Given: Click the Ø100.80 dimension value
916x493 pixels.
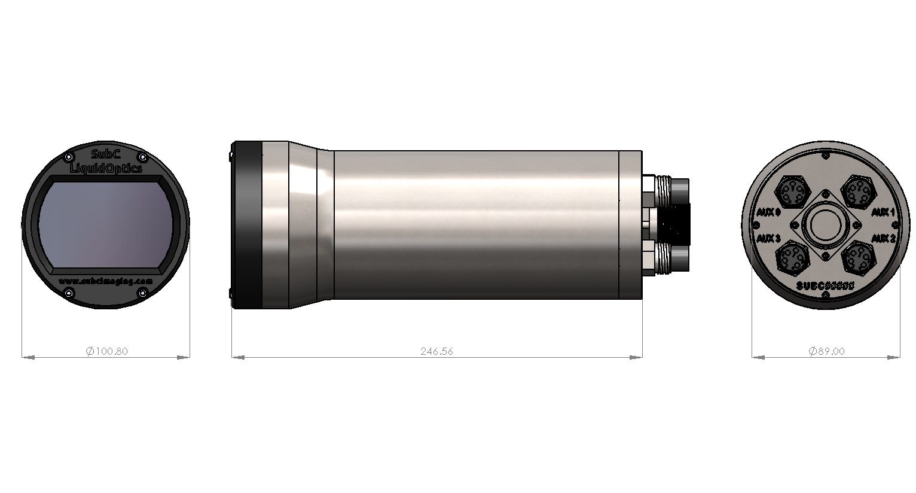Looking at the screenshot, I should [107, 351].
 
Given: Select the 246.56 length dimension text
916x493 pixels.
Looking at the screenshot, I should [436, 351].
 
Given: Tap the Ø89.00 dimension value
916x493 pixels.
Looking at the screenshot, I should [826, 351].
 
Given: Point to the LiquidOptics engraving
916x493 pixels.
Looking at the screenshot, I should [106, 169].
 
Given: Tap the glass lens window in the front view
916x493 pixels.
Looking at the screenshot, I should [106, 224].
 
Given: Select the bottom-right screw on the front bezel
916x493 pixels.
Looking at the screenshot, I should [143, 292].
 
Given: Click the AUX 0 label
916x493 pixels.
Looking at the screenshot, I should [768, 212].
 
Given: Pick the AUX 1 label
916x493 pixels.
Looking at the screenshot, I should [883, 212].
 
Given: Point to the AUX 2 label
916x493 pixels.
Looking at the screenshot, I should [883, 239].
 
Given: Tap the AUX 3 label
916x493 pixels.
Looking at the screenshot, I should [768, 239].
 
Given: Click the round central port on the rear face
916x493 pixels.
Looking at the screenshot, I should [826, 225].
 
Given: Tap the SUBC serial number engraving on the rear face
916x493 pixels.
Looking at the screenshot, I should [826, 286].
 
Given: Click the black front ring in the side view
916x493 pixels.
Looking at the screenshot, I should [247, 224].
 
